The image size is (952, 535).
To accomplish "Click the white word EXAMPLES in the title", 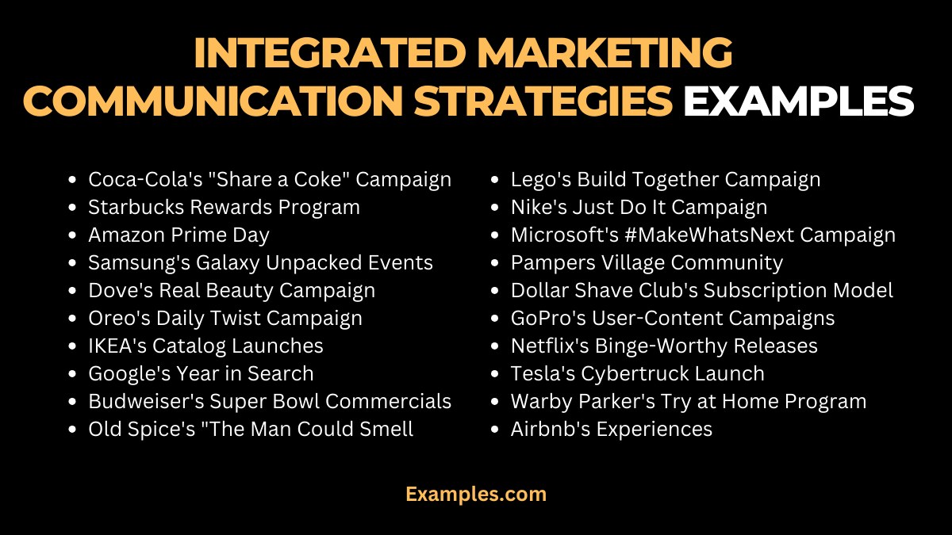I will [798, 101].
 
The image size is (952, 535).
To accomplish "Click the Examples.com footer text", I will [476, 494].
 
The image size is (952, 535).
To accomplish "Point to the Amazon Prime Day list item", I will [178, 235].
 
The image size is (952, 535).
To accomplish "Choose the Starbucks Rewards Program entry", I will [224, 208].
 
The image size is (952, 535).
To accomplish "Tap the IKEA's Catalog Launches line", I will [205, 346].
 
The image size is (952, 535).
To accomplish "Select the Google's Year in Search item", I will [201, 374].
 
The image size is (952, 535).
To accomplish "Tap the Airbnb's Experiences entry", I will [612, 430].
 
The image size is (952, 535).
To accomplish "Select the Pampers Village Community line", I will [647, 263].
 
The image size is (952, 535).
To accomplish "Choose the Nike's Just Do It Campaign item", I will [639, 208].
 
